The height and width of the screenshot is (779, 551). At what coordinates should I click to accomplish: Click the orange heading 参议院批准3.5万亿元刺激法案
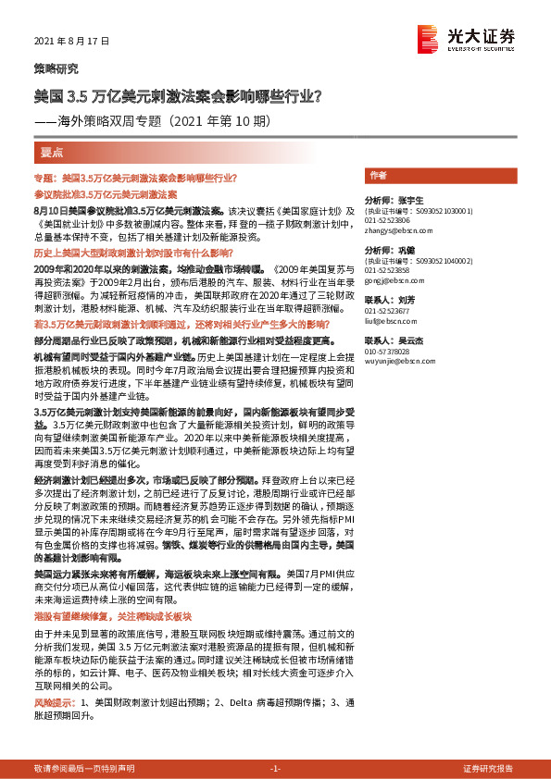click(x=105, y=195)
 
